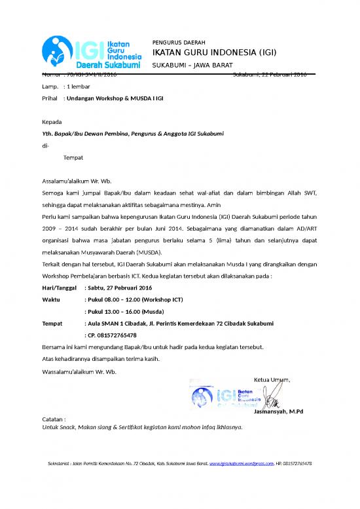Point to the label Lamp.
coord(49,86)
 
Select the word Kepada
coord(52,122)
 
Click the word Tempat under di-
coord(73,158)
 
